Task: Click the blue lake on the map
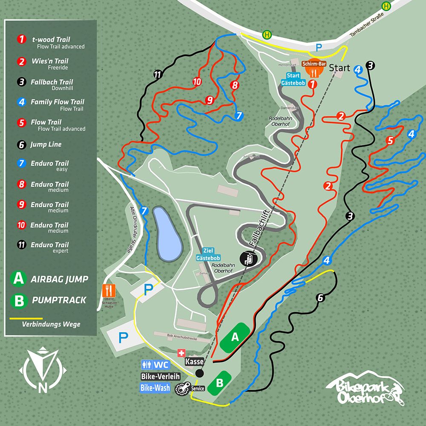tap(167, 234)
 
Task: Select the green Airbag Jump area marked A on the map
tap(234, 337)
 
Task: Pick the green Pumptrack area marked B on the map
tap(219, 382)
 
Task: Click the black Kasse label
tap(194, 361)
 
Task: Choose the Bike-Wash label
tap(155, 388)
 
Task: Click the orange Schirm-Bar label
tap(314, 64)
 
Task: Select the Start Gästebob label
tap(296, 79)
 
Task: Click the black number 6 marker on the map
tap(320, 298)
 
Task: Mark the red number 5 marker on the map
tap(389, 141)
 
